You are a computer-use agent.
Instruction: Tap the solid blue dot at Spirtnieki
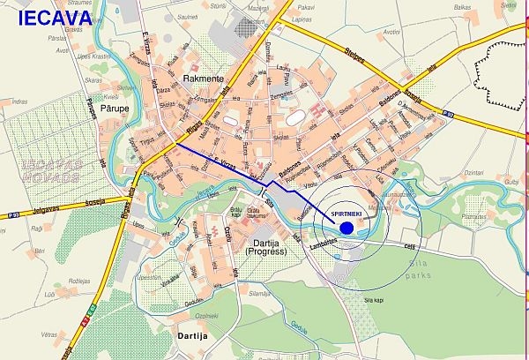tap(346, 228)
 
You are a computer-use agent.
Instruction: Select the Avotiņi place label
tap(63, 49)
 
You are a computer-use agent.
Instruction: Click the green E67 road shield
tap(91, 309)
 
